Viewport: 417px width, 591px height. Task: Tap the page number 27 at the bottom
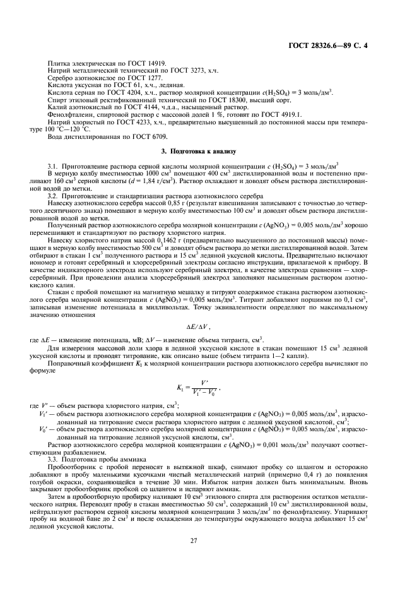coord(208,539)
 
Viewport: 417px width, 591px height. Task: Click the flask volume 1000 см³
coord(134,172)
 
